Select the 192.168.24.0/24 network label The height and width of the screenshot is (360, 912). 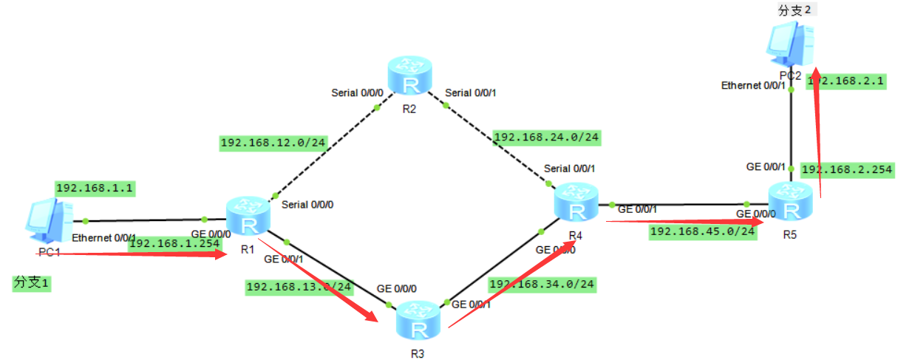pos(546,137)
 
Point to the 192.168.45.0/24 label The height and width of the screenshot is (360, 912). pos(702,231)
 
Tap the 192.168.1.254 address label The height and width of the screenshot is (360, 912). pos(174,243)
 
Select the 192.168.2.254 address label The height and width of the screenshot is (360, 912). pos(847,170)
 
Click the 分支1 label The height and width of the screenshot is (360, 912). pos(32,282)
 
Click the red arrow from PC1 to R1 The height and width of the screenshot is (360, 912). pos(140,254)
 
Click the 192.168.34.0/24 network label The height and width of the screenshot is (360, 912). pos(541,284)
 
